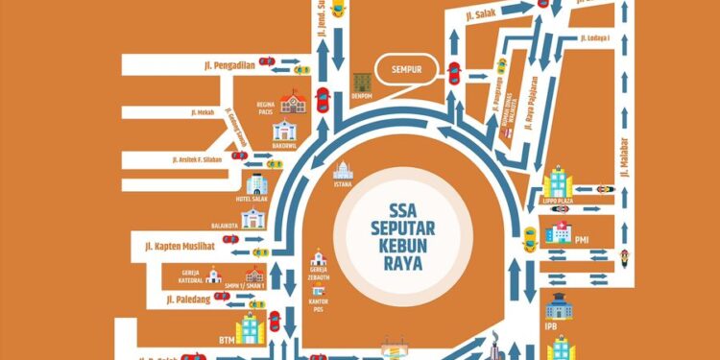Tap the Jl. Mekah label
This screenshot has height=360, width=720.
pos(204,111)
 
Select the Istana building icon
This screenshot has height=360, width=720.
pos(343,174)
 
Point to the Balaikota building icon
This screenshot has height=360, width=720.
pos(252,219)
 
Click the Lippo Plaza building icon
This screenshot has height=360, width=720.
pos(556,181)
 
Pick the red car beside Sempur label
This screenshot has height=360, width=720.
pos(453,72)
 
